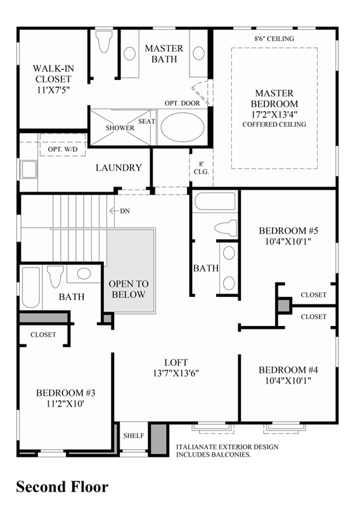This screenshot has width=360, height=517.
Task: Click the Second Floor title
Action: click(61, 487)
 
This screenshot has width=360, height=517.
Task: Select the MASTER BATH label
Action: click(164, 53)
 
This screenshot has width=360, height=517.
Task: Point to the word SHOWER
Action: click(120, 128)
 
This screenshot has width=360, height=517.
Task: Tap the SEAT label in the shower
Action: click(146, 121)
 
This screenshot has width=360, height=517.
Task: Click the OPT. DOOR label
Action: click(182, 103)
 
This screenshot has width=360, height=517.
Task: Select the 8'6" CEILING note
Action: click(274, 38)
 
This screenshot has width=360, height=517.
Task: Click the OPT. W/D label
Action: click(63, 149)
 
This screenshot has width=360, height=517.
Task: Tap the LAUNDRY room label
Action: click(119, 167)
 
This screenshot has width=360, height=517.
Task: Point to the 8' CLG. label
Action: click(201, 167)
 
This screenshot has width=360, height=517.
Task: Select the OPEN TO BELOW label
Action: click(128, 289)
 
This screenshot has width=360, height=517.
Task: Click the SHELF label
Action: click(134, 436)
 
